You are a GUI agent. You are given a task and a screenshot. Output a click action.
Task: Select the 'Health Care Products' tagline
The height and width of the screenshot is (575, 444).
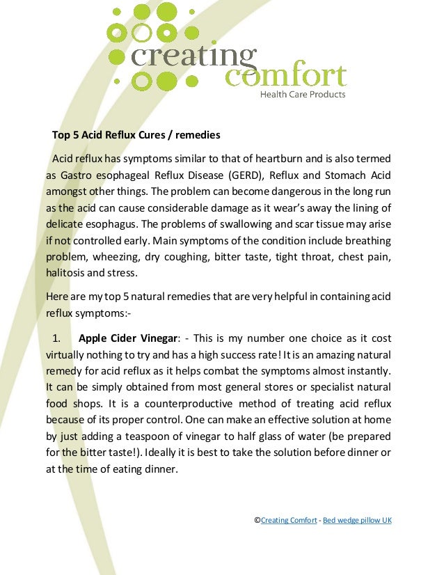pyautogui.click(x=302, y=95)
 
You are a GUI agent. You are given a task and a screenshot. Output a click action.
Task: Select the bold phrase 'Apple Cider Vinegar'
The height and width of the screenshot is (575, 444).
pyautogui.click(x=129, y=339)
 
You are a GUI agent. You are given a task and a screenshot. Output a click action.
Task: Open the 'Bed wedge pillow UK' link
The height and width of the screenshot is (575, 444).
pyautogui.click(x=357, y=520)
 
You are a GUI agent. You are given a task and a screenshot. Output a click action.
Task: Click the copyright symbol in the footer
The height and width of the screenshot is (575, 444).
pyautogui.click(x=257, y=520)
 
